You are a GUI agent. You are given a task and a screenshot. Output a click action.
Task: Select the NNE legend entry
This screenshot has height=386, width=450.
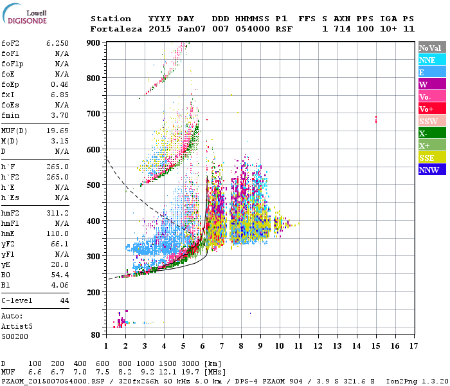432,60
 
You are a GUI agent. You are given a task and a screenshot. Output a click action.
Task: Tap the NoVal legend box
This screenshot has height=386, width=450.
432,48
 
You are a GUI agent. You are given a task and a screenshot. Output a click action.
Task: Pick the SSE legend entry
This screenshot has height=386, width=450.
432,158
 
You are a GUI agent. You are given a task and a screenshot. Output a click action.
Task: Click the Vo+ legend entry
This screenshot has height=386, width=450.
432,109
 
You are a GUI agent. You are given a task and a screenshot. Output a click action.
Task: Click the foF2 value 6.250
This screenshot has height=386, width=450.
57,42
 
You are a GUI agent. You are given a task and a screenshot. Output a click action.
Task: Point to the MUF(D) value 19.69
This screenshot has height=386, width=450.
57,131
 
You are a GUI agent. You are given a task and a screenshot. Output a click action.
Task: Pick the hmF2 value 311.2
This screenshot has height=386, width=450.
57,212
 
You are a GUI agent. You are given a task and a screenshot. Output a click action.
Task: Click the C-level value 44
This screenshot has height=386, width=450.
64,300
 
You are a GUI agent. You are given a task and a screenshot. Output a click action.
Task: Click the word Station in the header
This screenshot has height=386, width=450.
111,19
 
